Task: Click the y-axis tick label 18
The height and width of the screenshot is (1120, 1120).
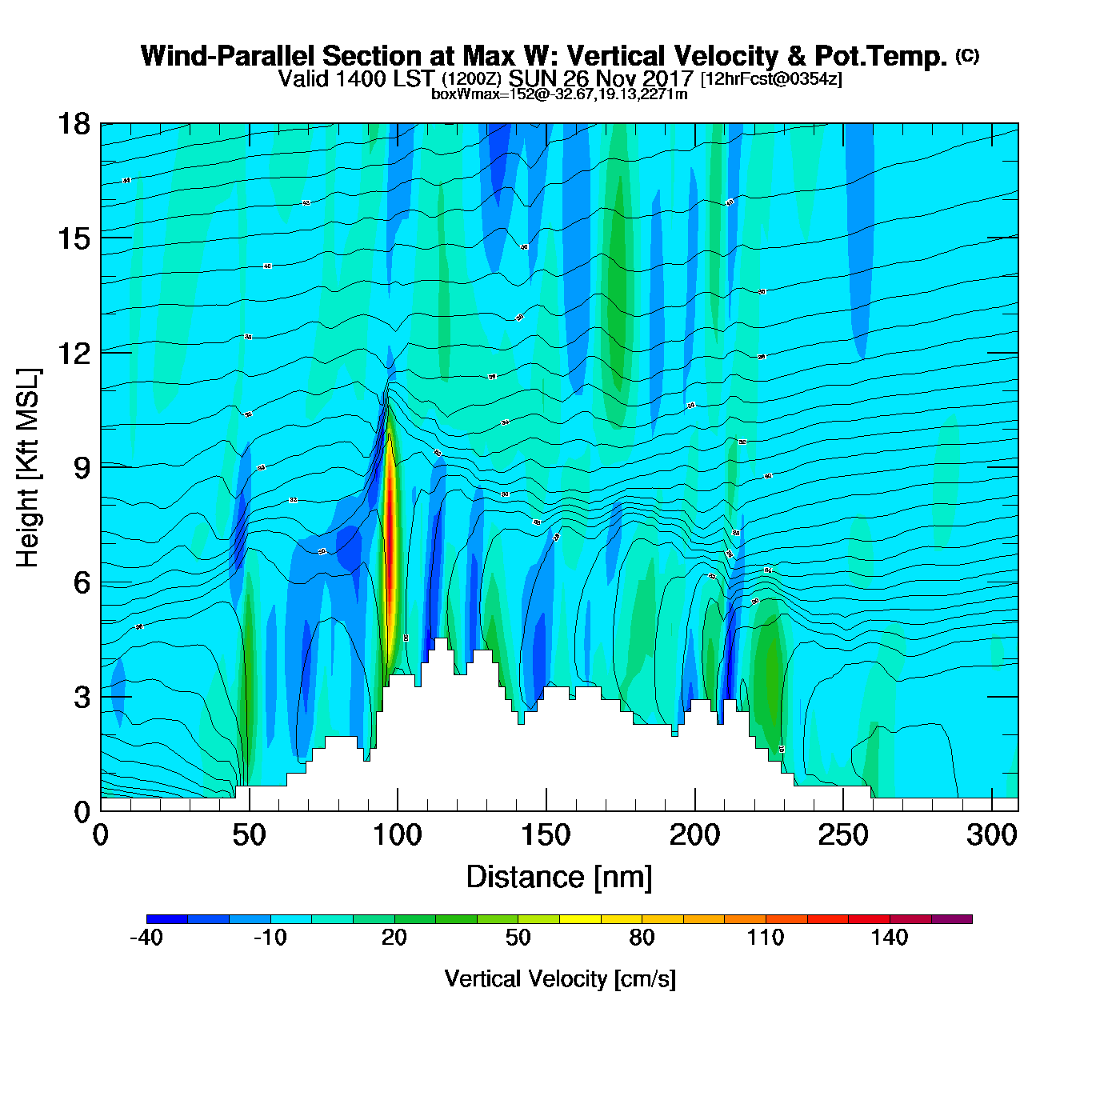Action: point(73,124)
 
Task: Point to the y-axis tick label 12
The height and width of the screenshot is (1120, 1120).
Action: point(73,353)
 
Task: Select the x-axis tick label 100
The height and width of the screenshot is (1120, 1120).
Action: point(398,835)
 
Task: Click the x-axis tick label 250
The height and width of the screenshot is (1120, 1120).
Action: point(843,835)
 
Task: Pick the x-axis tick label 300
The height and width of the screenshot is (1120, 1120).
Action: point(992,835)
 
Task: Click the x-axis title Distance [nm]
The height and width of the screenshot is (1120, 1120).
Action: point(559,877)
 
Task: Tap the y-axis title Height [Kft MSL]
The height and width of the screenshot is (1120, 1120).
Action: point(28,468)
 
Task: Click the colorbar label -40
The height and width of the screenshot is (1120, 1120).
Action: point(146,938)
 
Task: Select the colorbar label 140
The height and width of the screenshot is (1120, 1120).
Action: point(890,938)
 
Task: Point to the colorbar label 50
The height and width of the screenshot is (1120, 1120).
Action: point(518,938)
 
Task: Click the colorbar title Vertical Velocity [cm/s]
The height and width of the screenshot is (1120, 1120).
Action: point(560,978)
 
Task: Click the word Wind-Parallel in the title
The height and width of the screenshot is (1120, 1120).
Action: point(227,56)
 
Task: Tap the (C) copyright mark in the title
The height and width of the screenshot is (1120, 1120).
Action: point(966,55)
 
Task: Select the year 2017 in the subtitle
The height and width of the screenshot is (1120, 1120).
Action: point(666,78)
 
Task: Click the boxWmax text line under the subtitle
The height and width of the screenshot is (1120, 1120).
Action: point(559,94)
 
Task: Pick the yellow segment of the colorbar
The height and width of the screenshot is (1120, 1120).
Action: point(580,919)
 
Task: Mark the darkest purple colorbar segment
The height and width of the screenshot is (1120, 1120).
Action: point(951,919)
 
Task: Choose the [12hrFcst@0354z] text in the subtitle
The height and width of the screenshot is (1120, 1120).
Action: point(771,79)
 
